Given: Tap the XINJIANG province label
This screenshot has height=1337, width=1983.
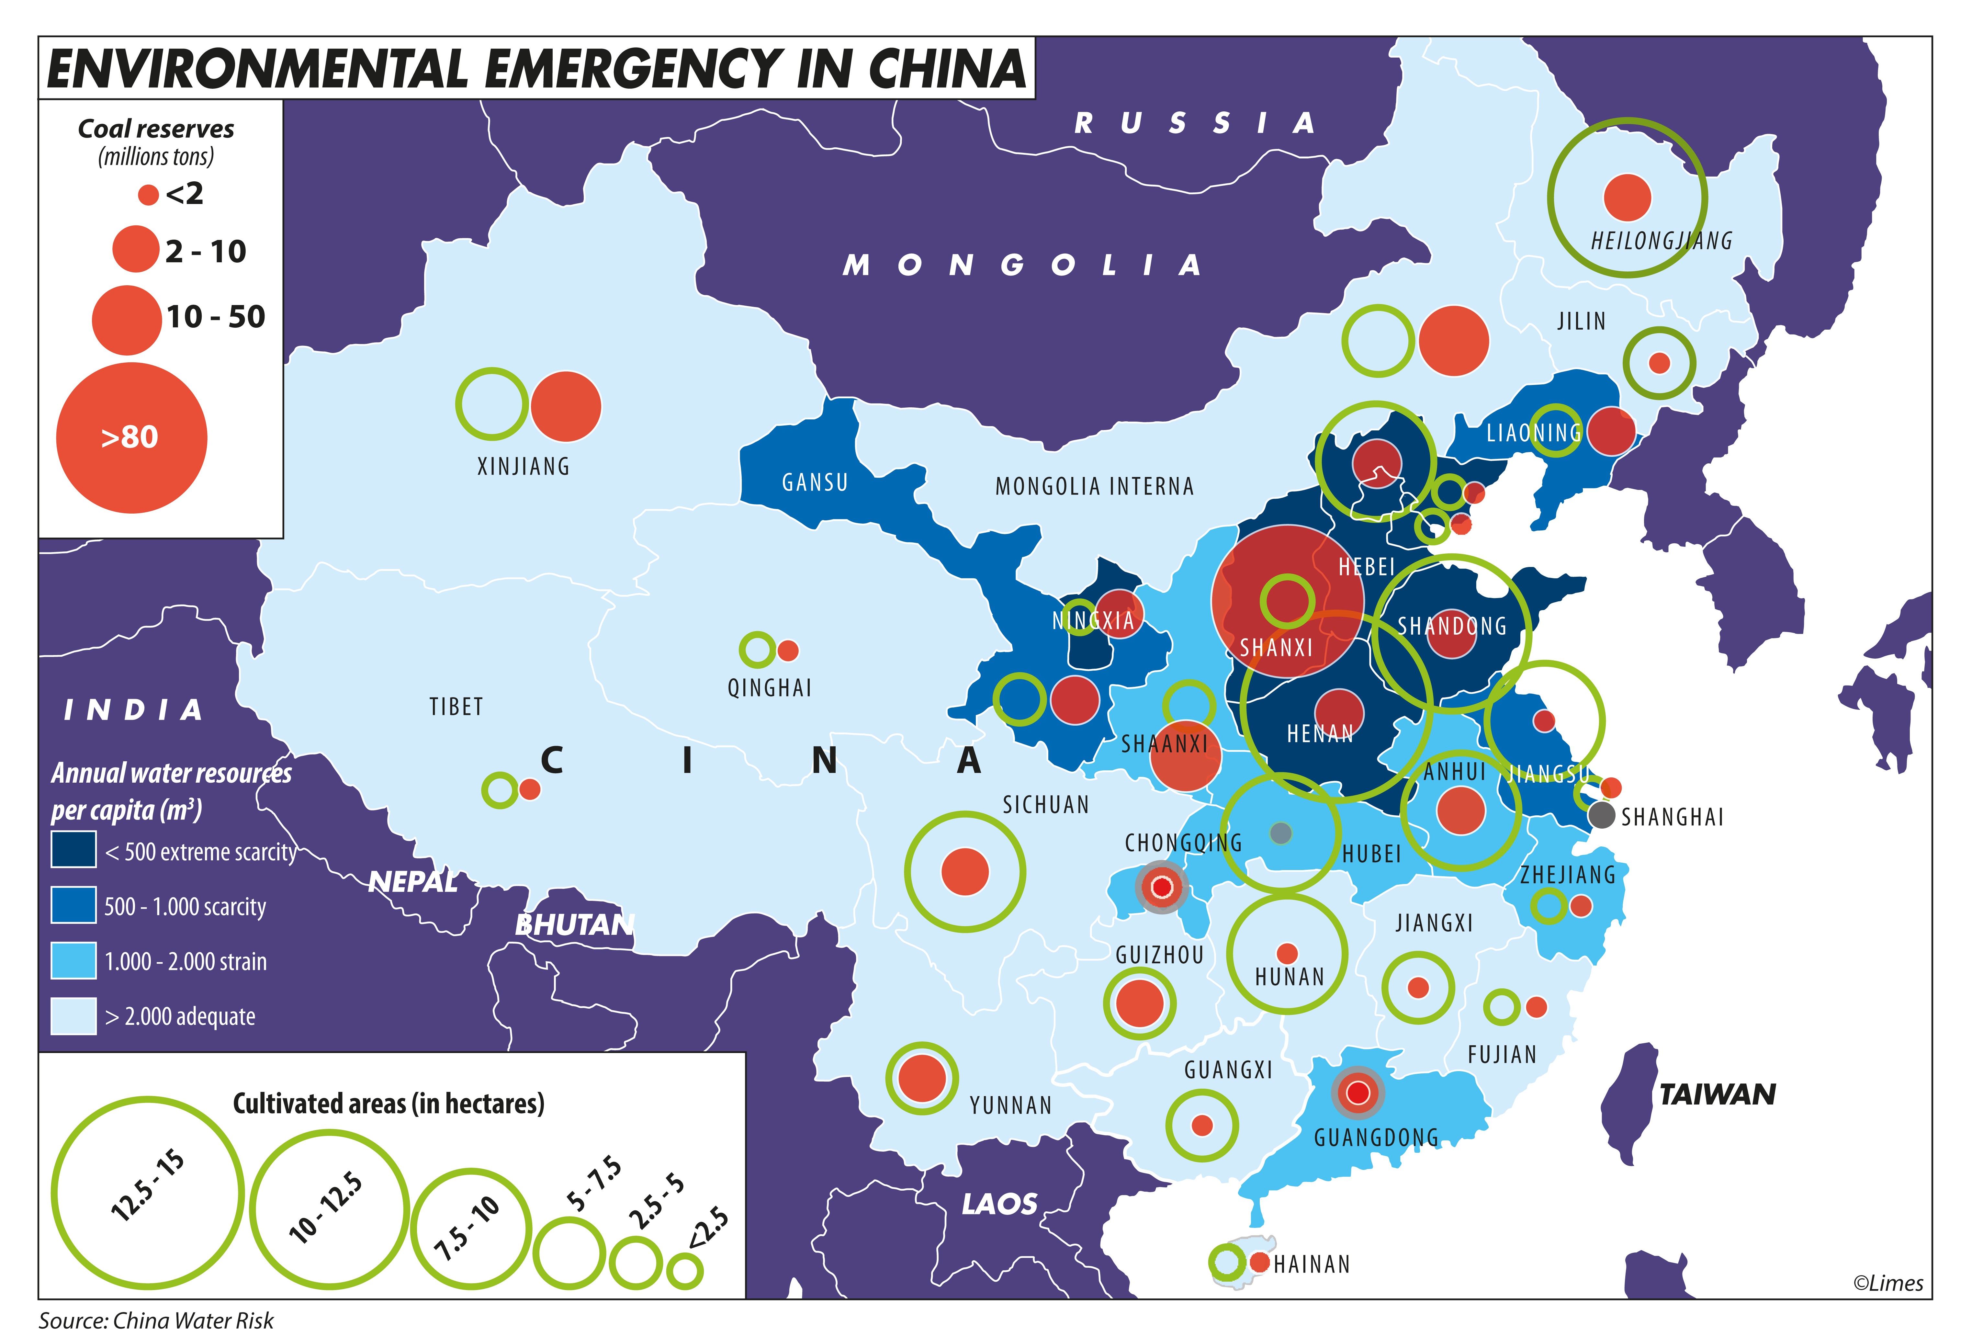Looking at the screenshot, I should tap(523, 466).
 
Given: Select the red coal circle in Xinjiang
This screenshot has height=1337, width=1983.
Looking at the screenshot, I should tap(566, 407).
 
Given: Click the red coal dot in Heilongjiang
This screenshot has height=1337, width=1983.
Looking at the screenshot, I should tap(1627, 197).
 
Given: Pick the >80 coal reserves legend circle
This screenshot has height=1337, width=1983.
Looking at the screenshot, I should tap(131, 437).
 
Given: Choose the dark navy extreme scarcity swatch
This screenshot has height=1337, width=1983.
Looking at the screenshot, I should tap(73, 850).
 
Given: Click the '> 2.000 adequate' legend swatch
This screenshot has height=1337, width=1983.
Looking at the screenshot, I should tap(73, 1015).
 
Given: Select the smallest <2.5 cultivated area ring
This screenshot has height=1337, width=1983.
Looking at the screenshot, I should tap(685, 1271).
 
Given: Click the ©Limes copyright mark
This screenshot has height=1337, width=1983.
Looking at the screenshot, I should tap(1887, 1283).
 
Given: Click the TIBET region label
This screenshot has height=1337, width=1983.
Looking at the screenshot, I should tap(456, 707).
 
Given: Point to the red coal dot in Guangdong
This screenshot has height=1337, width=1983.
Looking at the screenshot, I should tap(1358, 1092).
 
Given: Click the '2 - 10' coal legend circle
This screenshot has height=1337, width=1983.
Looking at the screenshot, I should tap(136, 249).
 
